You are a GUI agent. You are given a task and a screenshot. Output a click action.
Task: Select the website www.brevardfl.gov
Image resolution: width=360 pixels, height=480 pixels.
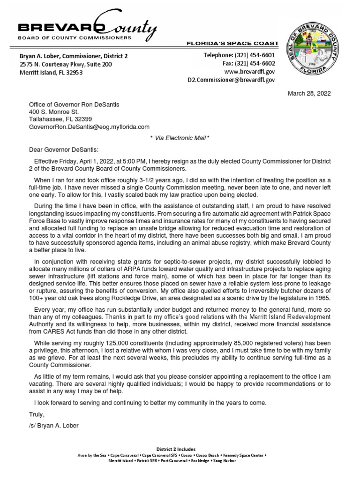(x=250, y=72)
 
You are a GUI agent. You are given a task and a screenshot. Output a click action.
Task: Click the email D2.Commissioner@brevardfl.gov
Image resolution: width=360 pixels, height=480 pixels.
(x=231, y=80)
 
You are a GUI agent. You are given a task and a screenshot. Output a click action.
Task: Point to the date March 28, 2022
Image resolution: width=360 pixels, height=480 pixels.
(x=309, y=93)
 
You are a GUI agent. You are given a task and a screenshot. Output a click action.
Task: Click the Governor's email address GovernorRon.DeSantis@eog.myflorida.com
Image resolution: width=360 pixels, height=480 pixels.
(x=89, y=127)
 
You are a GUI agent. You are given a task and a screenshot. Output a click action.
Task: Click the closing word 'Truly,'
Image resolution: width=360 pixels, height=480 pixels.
(x=37, y=414)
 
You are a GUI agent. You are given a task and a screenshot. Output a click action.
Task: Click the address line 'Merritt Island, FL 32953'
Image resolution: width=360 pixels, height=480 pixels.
(x=51, y=73)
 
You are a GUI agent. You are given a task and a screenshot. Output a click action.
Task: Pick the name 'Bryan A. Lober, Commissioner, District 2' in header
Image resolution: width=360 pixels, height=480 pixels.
(x=73, y=56)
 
